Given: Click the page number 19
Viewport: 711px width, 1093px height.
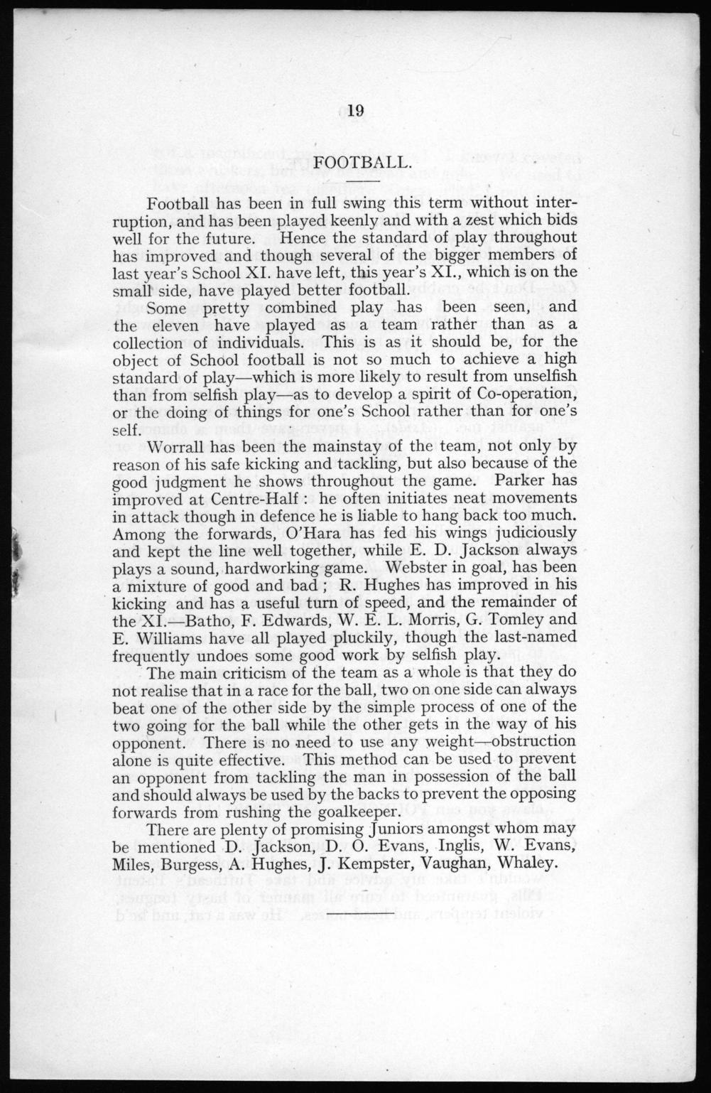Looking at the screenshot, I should click(x=357, y=110).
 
